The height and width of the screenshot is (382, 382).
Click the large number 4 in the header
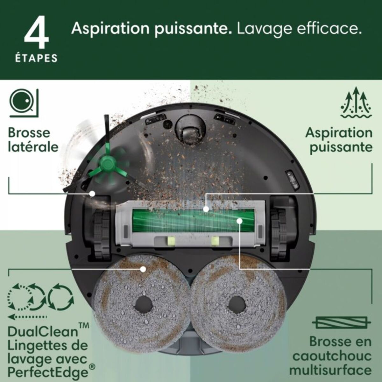click(37, 34)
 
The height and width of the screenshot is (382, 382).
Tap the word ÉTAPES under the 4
click(37, 58)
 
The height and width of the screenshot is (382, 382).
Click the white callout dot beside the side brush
click(92, 193)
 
